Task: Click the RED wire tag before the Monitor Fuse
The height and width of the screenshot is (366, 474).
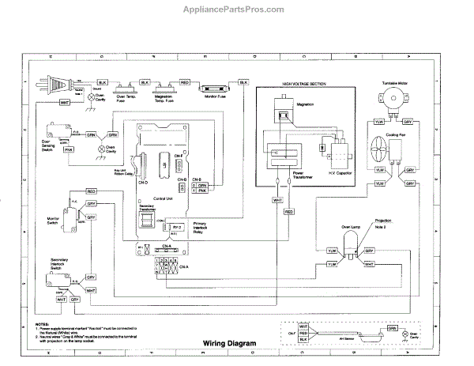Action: pyautogui.click(x=184, y=81)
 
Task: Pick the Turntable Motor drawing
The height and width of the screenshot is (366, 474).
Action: pyautogui.click(x=391, y=99)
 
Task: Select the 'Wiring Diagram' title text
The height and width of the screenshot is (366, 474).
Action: pyautogui.click(x=209, y=343)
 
